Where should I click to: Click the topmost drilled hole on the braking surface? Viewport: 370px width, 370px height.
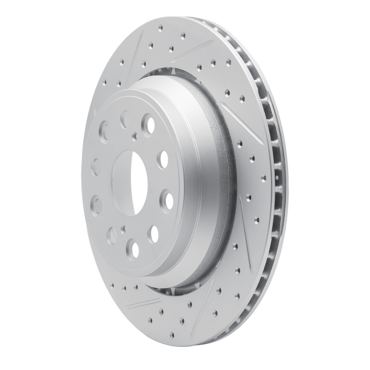(x=183, y=35)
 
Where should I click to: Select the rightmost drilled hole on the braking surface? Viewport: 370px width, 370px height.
(x=264, y=178)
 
